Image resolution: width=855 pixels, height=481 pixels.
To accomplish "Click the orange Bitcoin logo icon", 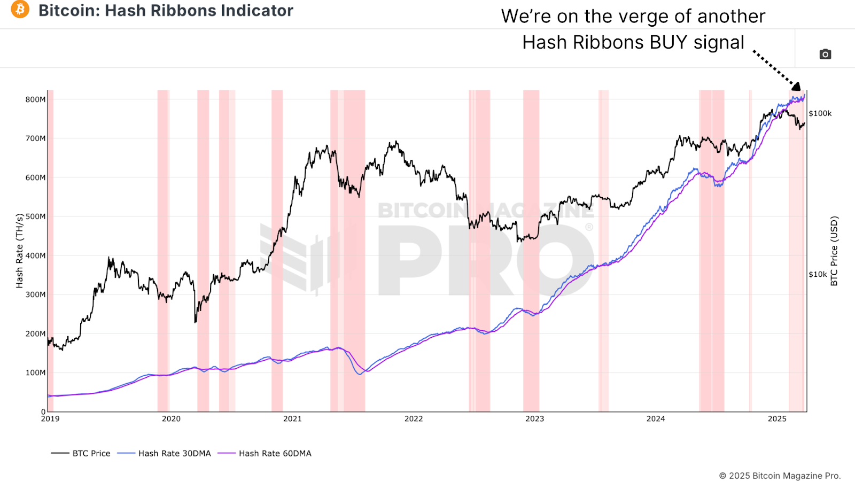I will tap(20, 9).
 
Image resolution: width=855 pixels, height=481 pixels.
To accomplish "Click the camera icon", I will tap(825, 54).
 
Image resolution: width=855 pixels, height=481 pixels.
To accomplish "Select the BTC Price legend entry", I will tap(91, 453).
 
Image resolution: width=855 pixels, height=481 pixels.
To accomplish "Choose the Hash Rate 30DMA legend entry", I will tap(174, 453).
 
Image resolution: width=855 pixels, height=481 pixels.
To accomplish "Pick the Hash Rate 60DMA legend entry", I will tap(275, 453).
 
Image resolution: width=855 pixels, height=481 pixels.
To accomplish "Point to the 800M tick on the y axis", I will tap(36, 99).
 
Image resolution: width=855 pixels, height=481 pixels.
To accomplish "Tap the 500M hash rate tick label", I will tap(36, 216).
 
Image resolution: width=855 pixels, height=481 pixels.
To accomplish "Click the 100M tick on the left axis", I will tap(36, 373).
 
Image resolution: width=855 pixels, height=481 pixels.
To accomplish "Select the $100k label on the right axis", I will tap(820, 113).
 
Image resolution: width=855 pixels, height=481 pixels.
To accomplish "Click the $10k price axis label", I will tap(818, 274).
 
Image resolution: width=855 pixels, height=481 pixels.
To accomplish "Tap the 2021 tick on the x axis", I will tap(292, 418).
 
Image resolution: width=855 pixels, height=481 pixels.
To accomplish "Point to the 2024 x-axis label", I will tap(656, 418).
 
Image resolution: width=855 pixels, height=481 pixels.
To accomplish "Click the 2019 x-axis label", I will tap(50, 418).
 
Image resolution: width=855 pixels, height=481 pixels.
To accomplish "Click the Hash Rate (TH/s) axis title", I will tap(20, 251).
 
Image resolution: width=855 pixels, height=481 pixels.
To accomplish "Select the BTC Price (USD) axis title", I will tap(834, 251).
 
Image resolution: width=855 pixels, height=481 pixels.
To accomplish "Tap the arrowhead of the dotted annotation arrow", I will tap(796, 86).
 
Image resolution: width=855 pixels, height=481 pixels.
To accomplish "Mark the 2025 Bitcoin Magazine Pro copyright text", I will tap(780, 476).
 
